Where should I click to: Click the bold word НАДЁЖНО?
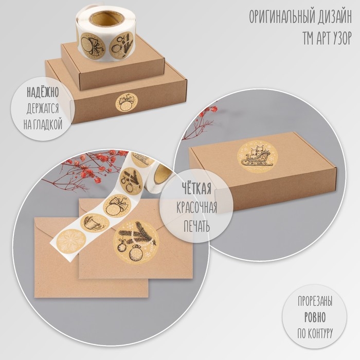(43, 92)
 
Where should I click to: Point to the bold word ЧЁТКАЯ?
(197, 189)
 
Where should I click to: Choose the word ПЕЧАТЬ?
(197, 227)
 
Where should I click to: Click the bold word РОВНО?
(315, 317)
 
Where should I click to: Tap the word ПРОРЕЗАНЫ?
(315, 301)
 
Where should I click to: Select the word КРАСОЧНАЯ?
(197, 208)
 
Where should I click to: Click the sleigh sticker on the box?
(257, 156)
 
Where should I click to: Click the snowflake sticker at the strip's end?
(71, 240)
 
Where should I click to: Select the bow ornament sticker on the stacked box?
(127, 103)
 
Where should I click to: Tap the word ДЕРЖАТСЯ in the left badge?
(43, 109)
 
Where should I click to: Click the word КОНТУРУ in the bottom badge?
(319, 333)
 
